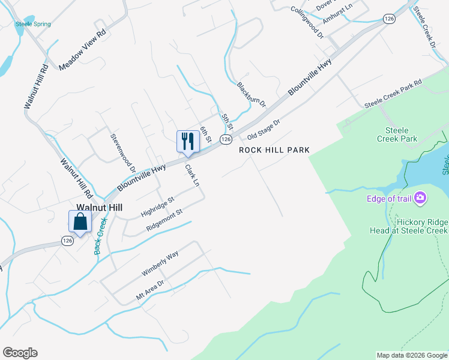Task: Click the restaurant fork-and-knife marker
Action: coord(188,142)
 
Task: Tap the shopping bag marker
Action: coord(80,222)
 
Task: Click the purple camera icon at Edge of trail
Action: coord(420,197)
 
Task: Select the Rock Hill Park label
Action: coord(274,150)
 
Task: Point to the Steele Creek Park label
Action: coord(397,134)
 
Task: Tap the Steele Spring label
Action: coord(33,24)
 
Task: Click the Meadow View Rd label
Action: coord(82,50)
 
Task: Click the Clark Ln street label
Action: coord(191,175)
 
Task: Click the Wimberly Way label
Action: coord(160,263)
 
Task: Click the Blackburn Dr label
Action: coord(252,94)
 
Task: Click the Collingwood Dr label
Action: coord(307,23)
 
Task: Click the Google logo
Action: coord(20,353)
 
